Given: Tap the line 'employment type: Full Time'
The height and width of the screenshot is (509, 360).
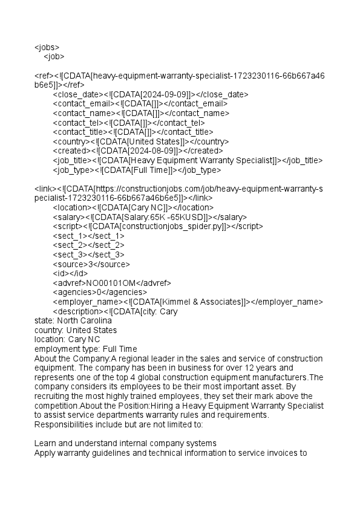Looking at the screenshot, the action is [85, 349].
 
